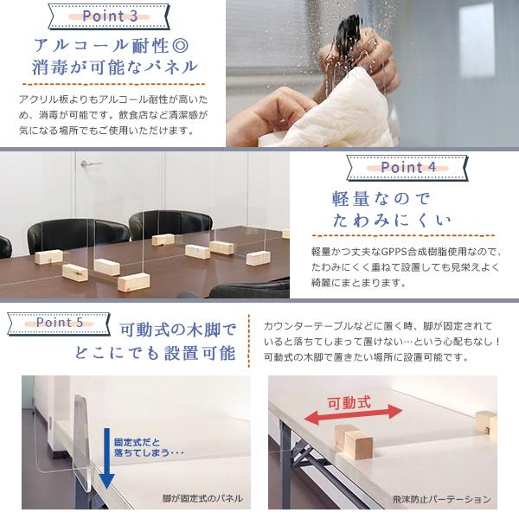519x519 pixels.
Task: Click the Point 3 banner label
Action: (x=109, y=16)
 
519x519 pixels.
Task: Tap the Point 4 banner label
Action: (x=407, y=168)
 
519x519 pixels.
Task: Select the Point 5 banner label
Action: (x=60, y=323)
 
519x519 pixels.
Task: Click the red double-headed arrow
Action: (x=353, y=415)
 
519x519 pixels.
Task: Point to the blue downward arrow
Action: (x=107, y=458)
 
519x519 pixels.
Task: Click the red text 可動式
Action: (x=349, y=403)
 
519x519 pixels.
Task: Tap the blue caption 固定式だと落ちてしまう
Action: (x=148, y=447)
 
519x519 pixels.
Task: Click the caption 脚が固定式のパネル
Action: (x=202, y=498)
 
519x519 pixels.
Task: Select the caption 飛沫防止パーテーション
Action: (x=441, y=499)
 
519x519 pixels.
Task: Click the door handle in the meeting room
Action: (x=90, y=163)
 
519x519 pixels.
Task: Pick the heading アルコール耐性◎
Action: (x=112, y=46)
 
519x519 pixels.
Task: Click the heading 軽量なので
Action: (x=381, y=199)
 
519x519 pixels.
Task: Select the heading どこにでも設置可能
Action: (x=155, y=353)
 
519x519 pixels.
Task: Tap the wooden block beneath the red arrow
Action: (x=353, y=442)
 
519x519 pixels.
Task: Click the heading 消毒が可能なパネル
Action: (x=114, y=67)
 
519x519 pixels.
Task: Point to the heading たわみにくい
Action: (x=392, y=221)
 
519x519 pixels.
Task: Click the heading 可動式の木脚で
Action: (x=178, y=330)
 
